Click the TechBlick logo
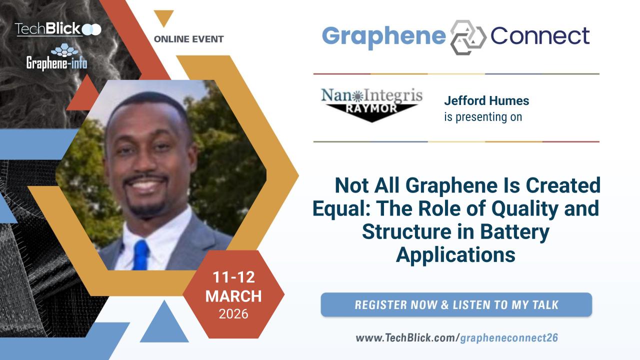(58, 29)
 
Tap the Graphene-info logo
(57, 57)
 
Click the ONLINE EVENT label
(188, 39)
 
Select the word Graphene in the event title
(383, 37)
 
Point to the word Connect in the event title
(540, 36)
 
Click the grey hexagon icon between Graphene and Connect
(468, 37)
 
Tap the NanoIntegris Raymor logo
(371, 105)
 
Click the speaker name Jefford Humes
(486, 100)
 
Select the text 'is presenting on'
(483, 117)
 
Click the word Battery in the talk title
(514, 231)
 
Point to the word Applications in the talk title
(455, 255)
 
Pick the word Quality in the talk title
(525, 209)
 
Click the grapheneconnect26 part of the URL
(509, 338)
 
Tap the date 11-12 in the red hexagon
(233, 277)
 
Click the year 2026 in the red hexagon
(233, 314)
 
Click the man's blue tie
(141, 255)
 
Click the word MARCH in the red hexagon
(233, 296)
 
